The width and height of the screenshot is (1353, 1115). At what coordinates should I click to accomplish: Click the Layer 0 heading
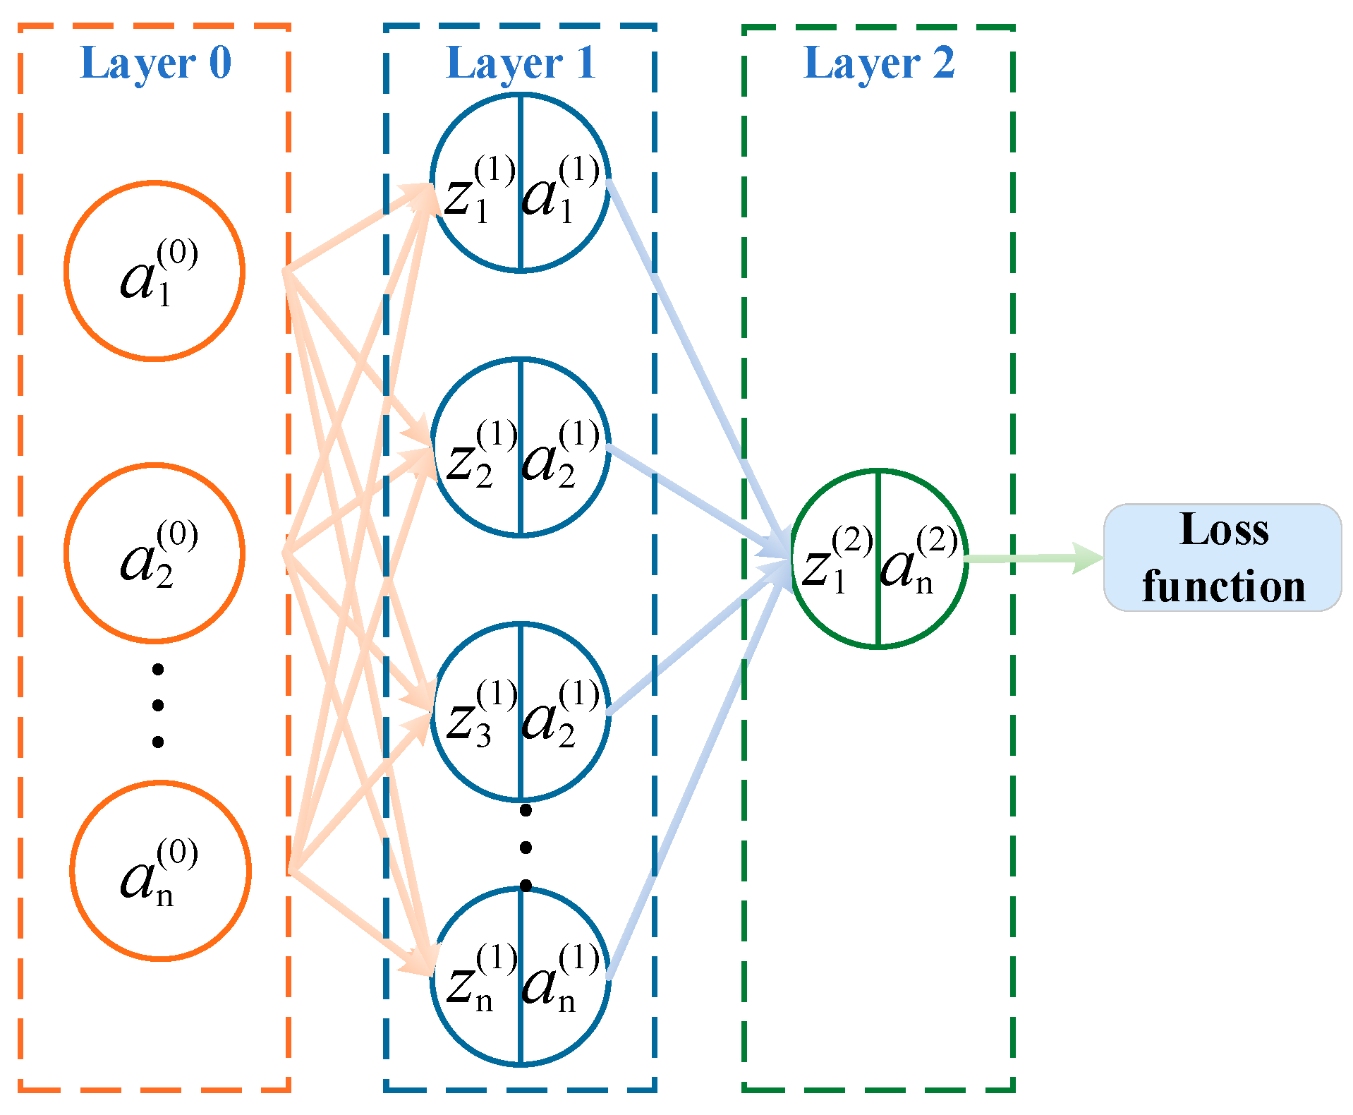coord(156,63)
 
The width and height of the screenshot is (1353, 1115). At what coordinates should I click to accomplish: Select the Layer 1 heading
coord(521,63)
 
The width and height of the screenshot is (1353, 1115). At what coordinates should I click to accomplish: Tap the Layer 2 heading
coord(879,63)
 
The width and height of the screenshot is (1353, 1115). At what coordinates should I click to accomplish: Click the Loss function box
coord(1222,557)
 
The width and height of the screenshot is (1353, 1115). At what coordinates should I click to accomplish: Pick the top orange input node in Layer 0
coord(154,271)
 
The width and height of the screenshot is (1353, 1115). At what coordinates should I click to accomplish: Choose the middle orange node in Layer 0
coord(154,553)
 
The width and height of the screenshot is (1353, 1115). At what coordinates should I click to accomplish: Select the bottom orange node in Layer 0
coord(160,870)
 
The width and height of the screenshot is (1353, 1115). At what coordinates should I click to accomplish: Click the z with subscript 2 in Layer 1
coord(462,462)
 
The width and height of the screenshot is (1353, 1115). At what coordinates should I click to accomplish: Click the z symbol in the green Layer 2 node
coord(818,568)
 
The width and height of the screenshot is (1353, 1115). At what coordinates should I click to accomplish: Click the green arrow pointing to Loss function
coord(1030,559)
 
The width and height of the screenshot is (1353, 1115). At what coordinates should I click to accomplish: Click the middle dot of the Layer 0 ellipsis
coord(158,705)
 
